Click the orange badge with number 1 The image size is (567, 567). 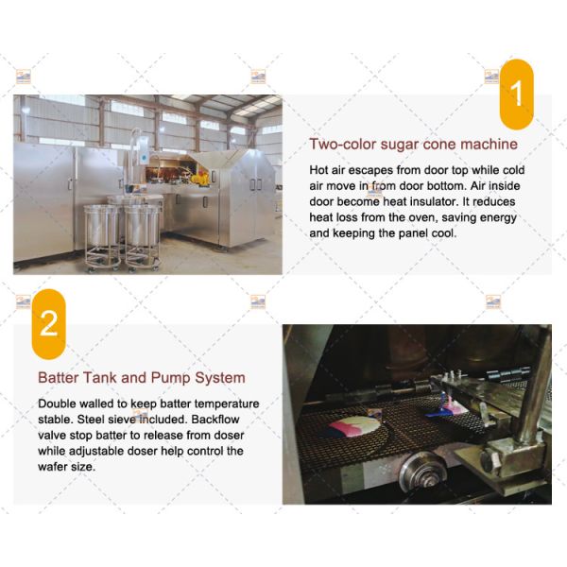point(516,94)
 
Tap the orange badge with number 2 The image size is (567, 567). point(49,324)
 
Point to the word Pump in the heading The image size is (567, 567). point(171,378)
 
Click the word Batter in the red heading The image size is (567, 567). point(59,377)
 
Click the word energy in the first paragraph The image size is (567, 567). point(499,218)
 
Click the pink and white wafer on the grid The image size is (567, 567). point(355,426)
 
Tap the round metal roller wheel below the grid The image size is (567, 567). point(423,472)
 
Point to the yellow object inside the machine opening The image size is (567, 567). point(200,179)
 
